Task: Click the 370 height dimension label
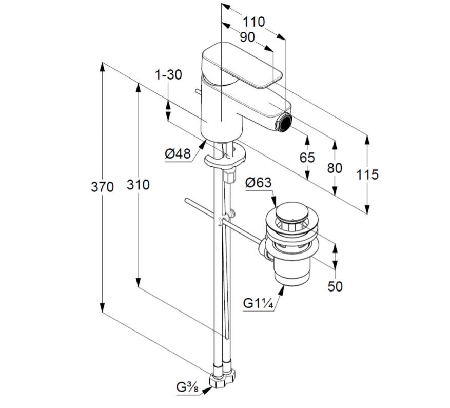point(102,187)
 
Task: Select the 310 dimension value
point(138,185)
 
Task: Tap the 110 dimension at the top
point(253,22)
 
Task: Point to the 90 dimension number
point(247,37)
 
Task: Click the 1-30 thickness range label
point(168,74)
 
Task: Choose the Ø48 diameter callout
point(178,154)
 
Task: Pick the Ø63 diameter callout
point(258,182)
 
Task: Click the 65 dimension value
point(307,158)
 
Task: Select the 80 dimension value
point(335,168)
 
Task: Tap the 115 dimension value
point(367,174)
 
